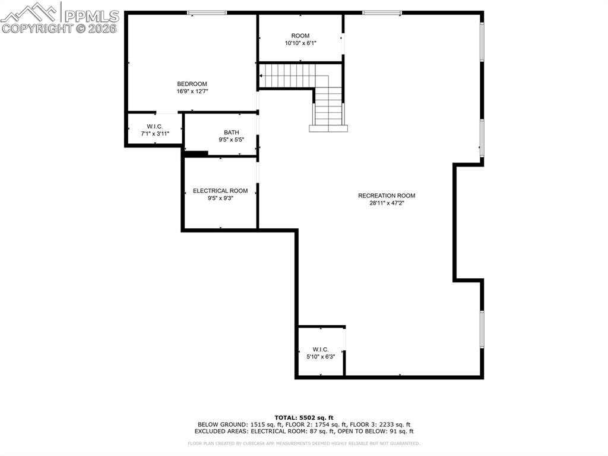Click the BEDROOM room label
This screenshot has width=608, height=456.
[192, 84]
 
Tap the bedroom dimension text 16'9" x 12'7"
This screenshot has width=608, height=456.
[192, 92]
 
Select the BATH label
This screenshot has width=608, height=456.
[231, 132]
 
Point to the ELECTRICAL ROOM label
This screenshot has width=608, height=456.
[220, 191]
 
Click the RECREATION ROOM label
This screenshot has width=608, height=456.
[387, 196]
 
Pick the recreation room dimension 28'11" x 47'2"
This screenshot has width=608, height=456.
[387, 203]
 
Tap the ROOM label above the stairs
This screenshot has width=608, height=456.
[300, 36]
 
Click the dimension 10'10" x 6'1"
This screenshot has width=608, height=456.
[300, 43]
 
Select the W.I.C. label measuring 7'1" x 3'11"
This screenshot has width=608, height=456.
[155, 126]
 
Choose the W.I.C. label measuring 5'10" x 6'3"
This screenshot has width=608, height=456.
[321, 350]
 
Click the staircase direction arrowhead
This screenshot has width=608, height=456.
[261, 76]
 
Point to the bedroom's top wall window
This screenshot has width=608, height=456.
[207, 12]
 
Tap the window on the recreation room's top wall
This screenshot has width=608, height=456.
[382, 12]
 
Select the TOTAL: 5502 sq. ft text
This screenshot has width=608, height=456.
[304, 417]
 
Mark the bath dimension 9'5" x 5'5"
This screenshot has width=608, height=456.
[231, 140]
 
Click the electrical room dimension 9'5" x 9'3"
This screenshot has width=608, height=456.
[220, 199]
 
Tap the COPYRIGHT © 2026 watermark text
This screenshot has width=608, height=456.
[59, 28]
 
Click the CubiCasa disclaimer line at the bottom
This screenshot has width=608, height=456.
[304, 444]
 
